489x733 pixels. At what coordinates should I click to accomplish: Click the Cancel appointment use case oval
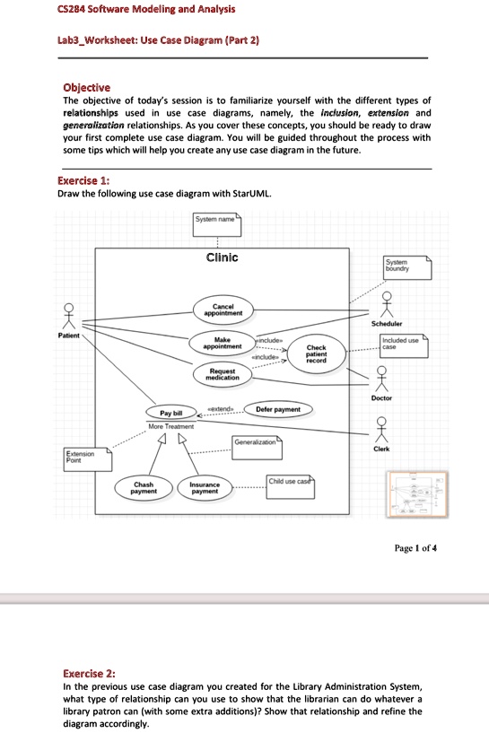point(220,310)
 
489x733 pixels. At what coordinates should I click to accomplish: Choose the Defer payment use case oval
point(277,409)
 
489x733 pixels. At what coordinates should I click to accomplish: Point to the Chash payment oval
point(144,487)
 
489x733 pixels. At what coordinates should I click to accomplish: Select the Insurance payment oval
point(205,487)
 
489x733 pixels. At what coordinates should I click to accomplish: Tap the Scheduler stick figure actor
point(386,303)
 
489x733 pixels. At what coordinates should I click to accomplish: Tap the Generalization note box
point(258,443)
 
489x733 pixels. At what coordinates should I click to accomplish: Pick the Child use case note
point(289,483)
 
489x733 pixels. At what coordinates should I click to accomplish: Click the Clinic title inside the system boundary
point(222,257)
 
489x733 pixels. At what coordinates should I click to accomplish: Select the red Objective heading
point(87,87)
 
